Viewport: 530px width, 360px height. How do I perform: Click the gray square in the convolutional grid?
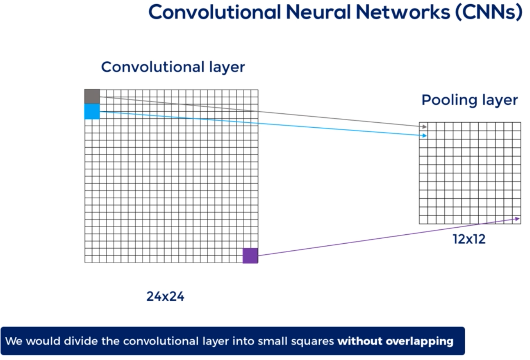tap(92, 96)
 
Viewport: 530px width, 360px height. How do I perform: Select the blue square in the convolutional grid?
tap(92, 111)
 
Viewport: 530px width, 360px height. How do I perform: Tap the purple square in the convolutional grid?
tap(250, 256)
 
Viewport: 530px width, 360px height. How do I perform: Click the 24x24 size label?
tap(166, 297)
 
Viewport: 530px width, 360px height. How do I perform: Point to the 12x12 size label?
tap(469, 239)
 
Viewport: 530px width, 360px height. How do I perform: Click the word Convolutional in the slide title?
tap(214, 12)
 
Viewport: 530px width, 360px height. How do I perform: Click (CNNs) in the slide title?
tap(489, 12)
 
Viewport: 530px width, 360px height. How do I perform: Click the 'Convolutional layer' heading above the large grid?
tap(173, 67)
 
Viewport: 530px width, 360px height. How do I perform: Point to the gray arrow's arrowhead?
tap(425, 126)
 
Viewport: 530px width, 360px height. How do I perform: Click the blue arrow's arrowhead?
tap(425, 135)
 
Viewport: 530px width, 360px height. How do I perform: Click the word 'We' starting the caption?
tap(13, 341)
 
